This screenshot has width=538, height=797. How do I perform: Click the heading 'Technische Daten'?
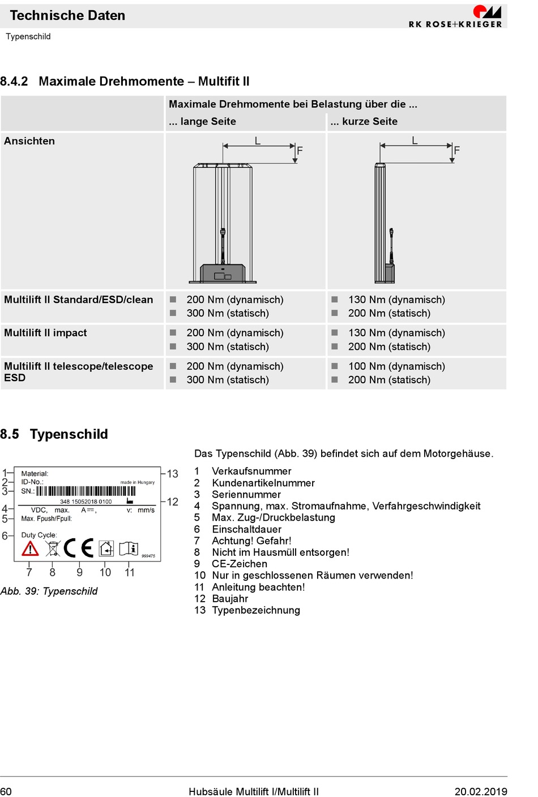[67, 16]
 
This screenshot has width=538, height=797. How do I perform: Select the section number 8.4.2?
[14, 82]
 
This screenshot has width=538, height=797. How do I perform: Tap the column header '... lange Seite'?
[202, 122]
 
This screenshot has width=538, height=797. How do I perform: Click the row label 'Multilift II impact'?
[45, 333]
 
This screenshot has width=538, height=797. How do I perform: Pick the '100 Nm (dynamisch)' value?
[396, 366]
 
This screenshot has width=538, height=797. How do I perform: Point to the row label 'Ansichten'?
[29, 141]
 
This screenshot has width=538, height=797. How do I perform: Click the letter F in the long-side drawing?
[300, 151]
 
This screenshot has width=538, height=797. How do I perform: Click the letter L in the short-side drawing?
[415, 140]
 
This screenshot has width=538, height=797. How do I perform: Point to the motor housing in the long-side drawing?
[223, 273]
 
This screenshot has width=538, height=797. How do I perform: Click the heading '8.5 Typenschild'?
[54, 434]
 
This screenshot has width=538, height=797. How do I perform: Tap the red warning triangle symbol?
[30, 549]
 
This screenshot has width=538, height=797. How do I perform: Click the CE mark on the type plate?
[79, 548]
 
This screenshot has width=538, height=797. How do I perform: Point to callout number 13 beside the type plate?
[173, 474]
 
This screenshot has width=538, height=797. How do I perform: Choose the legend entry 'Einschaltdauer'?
[246, 529]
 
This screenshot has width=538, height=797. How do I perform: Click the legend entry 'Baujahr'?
[230, 598]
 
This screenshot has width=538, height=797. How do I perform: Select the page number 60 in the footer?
[6, 791]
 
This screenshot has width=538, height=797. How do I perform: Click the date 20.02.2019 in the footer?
[480, 791]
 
